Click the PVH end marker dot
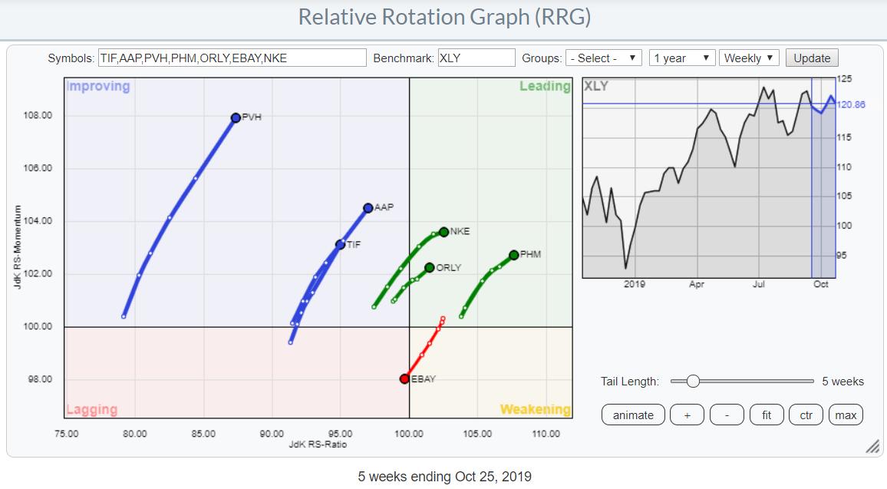click(x=236, y=117)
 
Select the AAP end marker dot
click(x=368, y=208)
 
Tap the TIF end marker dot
click(x=340, y=245)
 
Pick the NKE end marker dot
click(x=443, y=232)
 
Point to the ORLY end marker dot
click(x=430, y=268)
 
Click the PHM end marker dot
click(x=513, y=255)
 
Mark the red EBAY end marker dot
click(x=404, y=378)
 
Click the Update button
click(x=812, y=58)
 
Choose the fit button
click(x=766, y=415)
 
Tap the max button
click(x=846, y=415)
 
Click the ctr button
click(x=806, y=415)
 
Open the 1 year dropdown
click(x=681, y=58)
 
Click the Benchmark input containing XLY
click(x=476, y=58)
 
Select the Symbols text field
click(x=232, y=58)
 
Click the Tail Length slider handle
click(x=693, y=381)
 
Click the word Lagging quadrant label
click(x=91, y=410)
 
